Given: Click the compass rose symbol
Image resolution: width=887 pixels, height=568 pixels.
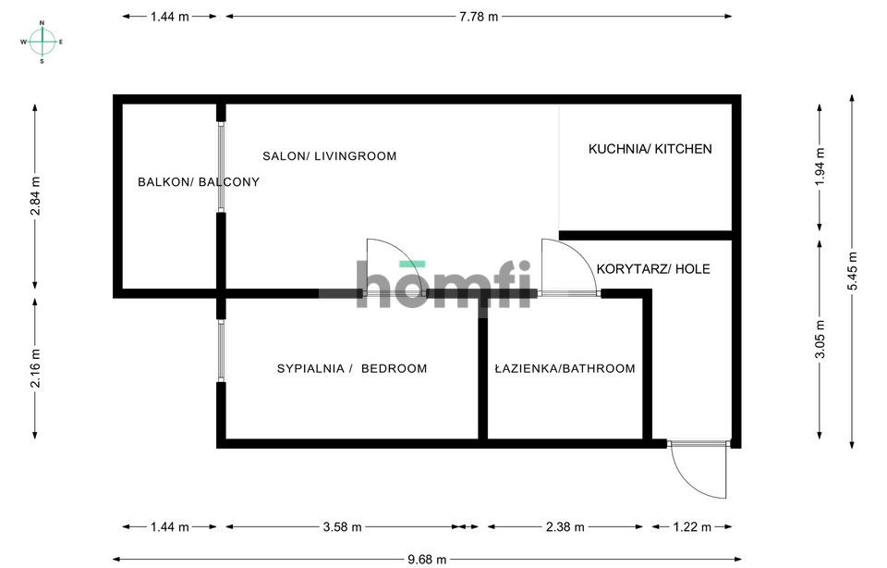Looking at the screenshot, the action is (42, 42).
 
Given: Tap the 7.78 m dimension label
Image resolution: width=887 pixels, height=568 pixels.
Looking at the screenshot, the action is (479, 17).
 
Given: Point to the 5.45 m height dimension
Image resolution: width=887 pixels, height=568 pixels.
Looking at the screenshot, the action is (853, 271).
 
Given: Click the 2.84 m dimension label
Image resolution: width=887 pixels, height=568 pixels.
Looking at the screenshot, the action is (35, 196).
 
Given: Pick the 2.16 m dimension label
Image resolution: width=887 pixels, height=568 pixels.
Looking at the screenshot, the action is (35, 368).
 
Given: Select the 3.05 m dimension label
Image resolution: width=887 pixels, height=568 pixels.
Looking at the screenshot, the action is (820, 340).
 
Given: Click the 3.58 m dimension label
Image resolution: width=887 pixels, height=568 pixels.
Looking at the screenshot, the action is (342, 527).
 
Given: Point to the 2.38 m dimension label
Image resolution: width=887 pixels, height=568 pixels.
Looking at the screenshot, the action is (565, 527).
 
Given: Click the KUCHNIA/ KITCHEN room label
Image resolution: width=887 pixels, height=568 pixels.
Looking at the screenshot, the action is (650, 149).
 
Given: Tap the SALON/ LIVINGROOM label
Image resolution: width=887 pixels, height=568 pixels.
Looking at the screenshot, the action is (329, 155).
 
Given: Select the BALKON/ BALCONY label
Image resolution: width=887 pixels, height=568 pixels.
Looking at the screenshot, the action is (199, 182).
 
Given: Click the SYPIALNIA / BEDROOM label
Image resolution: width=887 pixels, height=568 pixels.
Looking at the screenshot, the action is (352, 369).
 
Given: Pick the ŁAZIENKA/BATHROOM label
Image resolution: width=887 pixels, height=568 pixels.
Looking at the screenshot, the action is (565, 369).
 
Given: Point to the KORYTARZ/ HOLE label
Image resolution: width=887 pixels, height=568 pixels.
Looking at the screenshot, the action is (653, 269).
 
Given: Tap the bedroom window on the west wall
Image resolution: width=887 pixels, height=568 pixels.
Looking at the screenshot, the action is (221, 351).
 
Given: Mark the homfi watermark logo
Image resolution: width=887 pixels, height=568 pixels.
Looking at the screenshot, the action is (443, 284).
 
